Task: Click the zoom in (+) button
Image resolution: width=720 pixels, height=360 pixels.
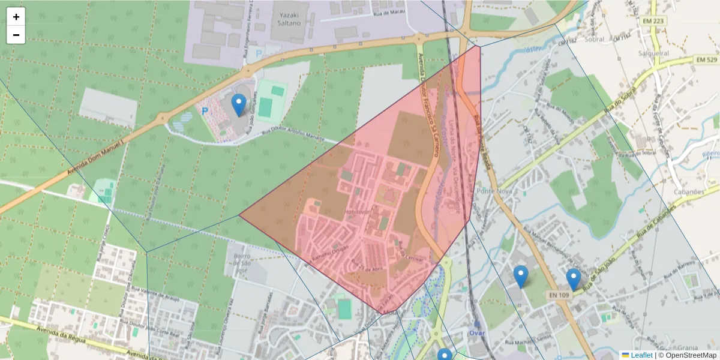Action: [16, 17]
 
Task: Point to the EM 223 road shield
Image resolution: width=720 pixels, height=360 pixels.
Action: [653, 22]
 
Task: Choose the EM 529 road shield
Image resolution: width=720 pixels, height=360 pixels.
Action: [707, 60]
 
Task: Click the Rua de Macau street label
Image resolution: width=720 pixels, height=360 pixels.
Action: [388, 11]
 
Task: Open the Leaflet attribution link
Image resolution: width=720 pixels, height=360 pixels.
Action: [641, 355]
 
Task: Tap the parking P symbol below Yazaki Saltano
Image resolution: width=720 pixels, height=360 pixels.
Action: [259, 53]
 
